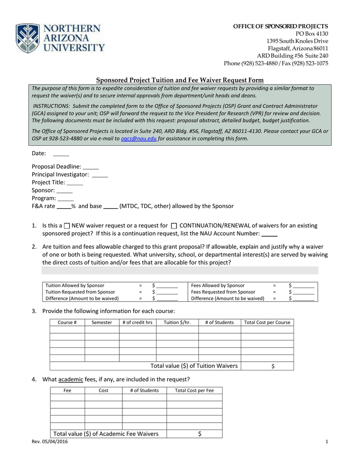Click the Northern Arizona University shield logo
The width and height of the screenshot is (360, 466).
29,38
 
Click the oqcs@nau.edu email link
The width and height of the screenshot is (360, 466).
139,139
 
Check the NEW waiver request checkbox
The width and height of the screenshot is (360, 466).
67,226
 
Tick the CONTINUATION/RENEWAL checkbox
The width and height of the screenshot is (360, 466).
174,226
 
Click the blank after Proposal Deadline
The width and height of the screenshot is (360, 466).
91,167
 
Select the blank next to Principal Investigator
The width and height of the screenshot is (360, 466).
100,175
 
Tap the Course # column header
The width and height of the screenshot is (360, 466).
67,323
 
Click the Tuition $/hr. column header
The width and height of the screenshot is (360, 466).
174,323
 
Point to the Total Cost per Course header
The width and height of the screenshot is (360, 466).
267,323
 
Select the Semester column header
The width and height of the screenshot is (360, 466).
101,323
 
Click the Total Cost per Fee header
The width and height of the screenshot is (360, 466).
194,390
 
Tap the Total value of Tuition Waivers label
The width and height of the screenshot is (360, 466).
194,366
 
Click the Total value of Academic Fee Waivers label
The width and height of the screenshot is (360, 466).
106,434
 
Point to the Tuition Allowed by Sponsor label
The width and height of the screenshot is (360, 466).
75,285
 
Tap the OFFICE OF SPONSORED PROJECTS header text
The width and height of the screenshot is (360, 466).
281,26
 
